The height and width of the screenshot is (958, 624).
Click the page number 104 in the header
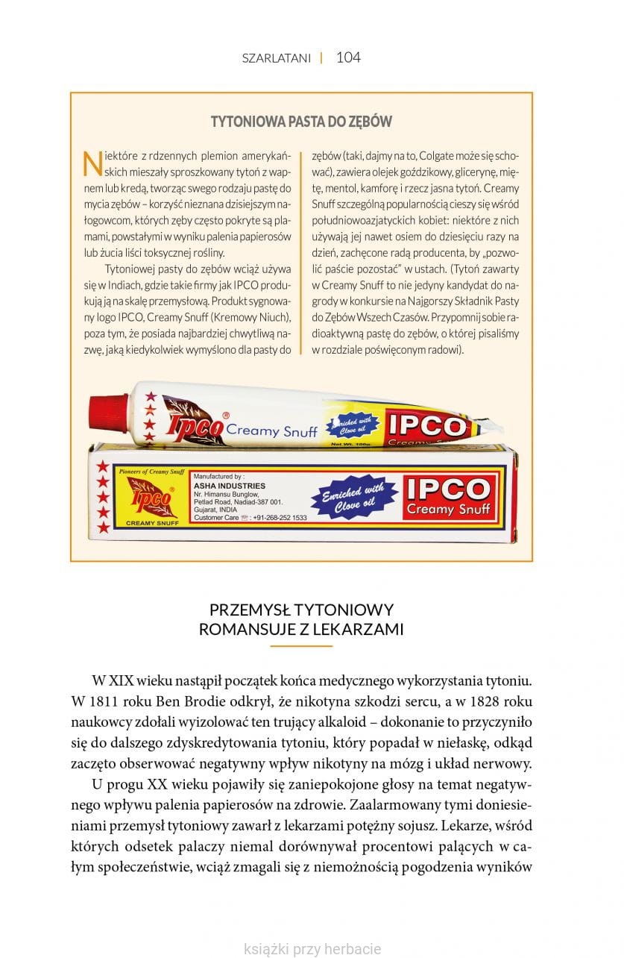pos(348,57)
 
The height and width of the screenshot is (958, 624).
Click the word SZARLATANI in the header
pos(276,58)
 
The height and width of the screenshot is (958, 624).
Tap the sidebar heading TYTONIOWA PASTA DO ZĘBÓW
pos(301,122)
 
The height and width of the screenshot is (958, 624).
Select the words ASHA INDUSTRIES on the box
pos(219,486)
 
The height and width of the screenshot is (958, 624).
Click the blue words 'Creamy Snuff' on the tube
pos(271,431)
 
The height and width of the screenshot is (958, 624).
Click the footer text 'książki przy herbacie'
pos(312,949)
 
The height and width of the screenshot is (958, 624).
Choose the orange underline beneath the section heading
pos(300,645)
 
